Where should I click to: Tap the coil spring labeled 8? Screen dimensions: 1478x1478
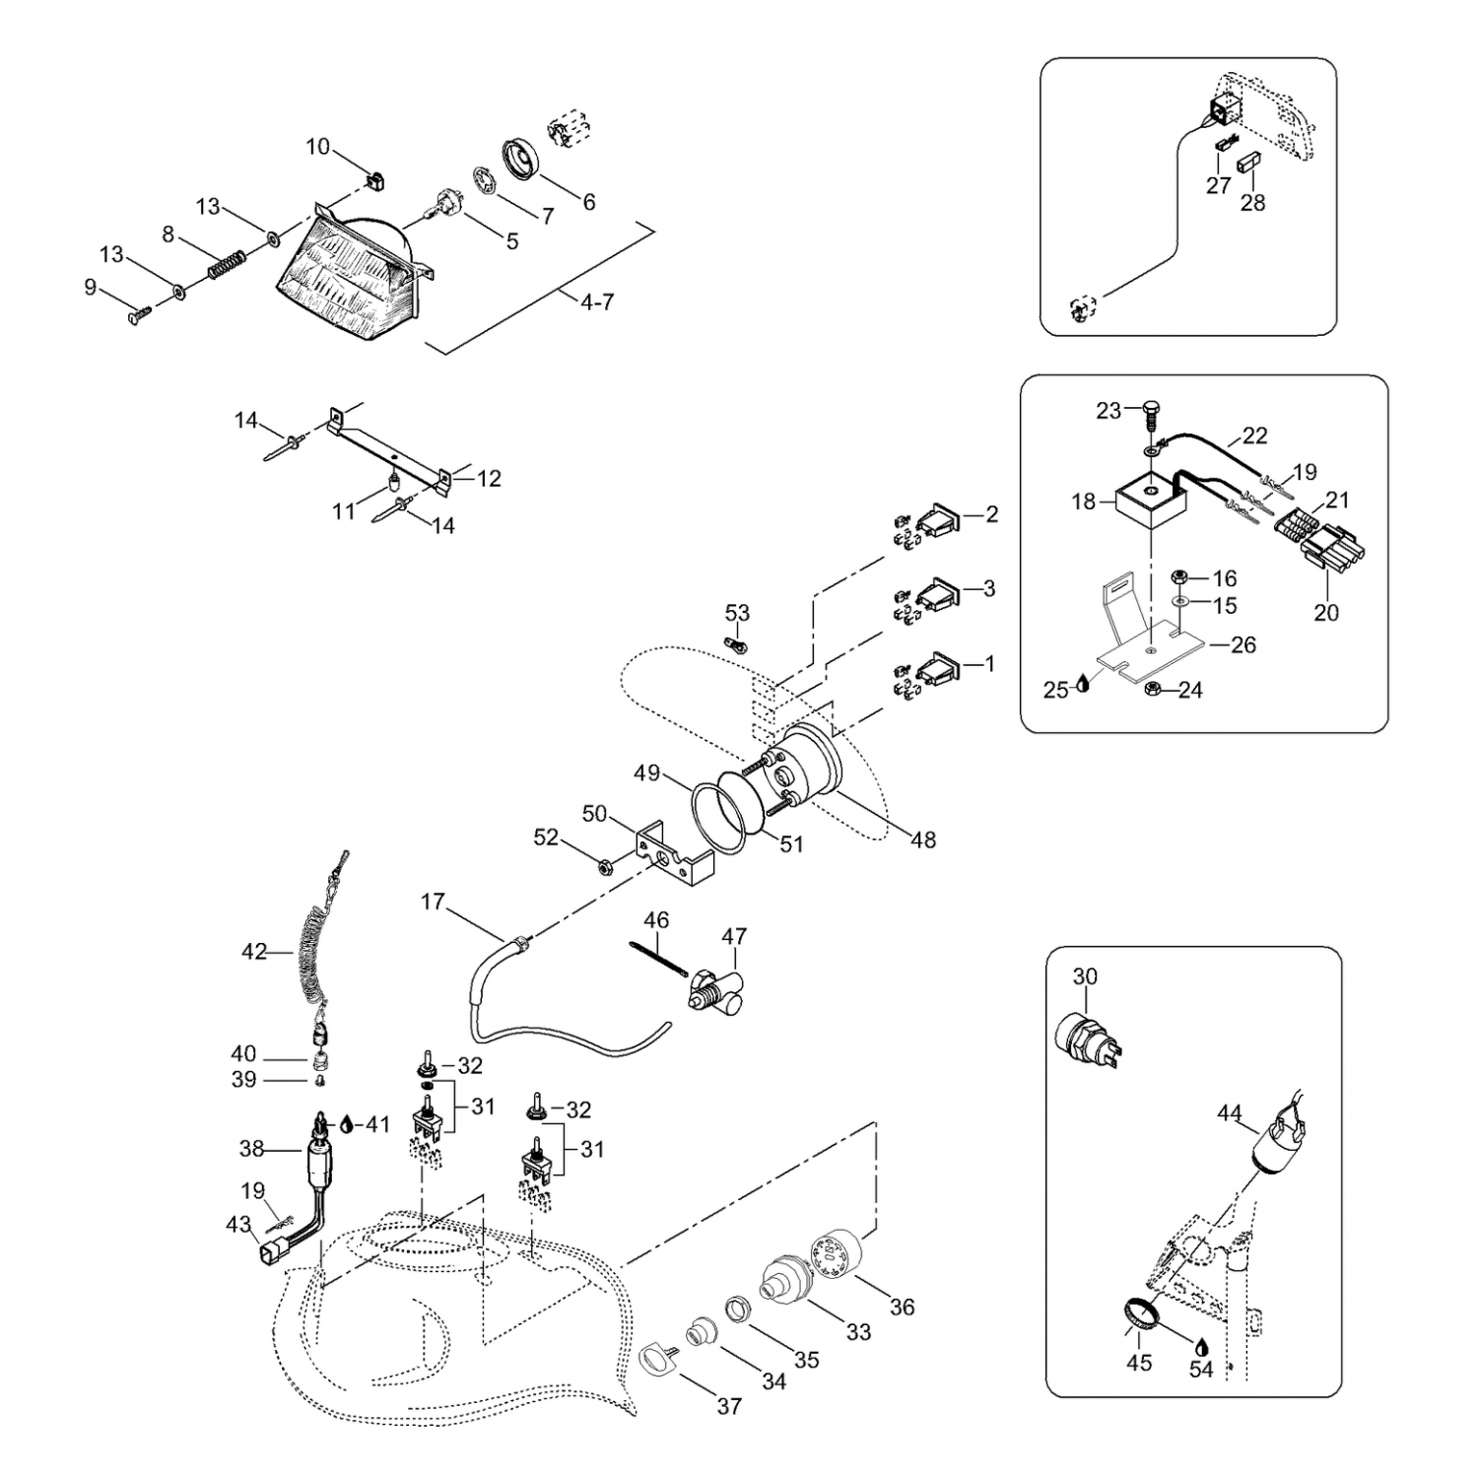pos(227,264)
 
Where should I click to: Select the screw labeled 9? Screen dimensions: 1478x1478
pos(139,314)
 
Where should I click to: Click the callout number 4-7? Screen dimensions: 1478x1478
pos(596,302)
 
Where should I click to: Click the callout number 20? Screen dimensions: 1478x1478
pos(1326,612)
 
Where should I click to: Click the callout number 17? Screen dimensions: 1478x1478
pos(433,902)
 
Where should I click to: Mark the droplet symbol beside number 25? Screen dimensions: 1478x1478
pos(1083,685)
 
